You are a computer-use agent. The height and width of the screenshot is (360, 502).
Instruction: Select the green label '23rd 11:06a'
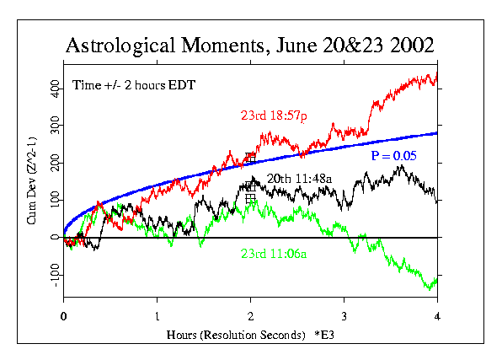(273, 253)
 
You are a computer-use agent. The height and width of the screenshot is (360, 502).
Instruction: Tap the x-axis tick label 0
(63, 318)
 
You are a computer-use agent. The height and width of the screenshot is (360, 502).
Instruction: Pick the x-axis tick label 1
(157, 318)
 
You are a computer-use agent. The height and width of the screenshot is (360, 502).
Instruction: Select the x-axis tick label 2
(250, 318)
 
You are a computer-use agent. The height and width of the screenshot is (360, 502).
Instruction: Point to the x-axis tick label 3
(344, 318)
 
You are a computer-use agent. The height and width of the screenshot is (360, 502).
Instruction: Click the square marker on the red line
(250, 157)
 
